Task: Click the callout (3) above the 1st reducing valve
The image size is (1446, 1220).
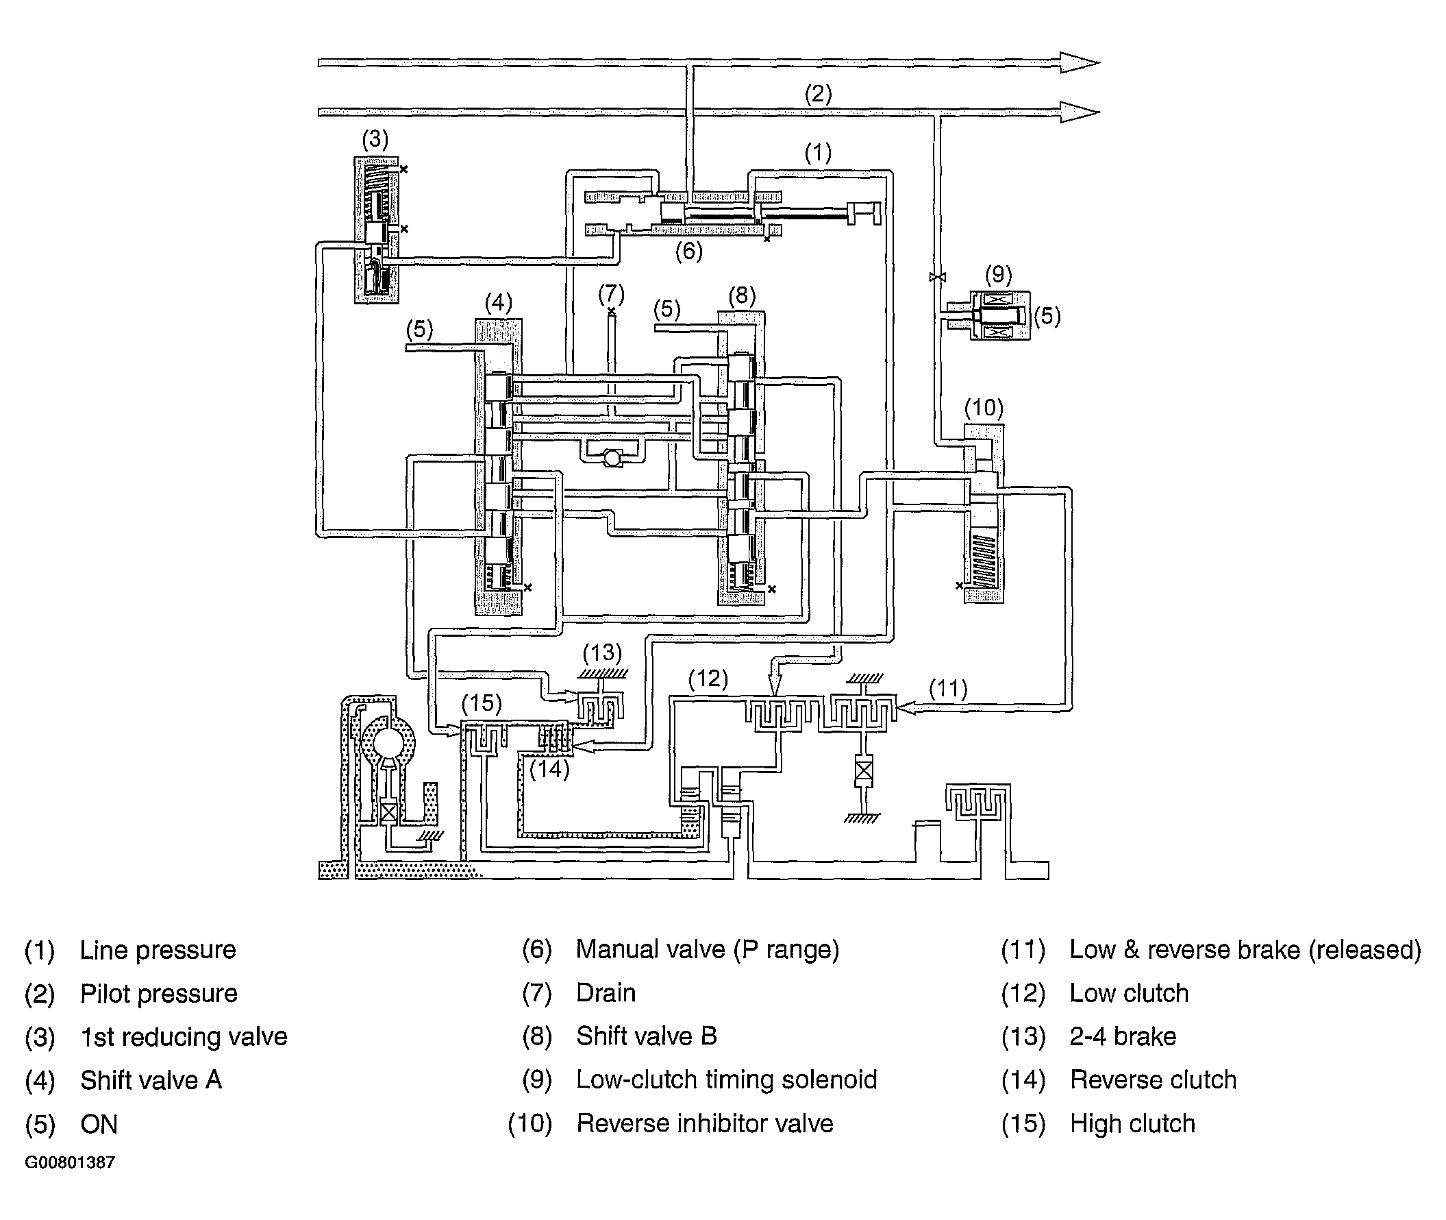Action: click(375, 140)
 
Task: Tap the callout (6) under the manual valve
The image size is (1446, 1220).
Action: click(688, 251)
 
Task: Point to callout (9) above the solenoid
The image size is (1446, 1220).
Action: click(998, 275)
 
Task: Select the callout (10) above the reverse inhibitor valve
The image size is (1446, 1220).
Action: click(984, 407)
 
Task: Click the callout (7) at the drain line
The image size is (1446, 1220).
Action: click(611, 294)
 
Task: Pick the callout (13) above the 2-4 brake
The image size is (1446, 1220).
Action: click(602, 653)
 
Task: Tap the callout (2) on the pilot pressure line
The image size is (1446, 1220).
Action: click(818, 94)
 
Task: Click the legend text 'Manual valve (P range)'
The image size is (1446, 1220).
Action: click(707, 949)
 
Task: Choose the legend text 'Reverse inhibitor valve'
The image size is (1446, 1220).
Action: click(705, 1124)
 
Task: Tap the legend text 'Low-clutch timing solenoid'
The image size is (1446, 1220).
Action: click(727, 1079)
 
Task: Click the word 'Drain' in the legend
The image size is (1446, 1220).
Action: click(606, 993)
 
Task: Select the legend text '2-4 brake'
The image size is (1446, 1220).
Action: click(1123, 1037)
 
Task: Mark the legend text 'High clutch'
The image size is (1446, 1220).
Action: click(1132, 1124)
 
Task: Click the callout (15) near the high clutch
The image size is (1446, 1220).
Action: click(481, 703)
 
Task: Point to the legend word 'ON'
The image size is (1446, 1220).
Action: click(99, 1125)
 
